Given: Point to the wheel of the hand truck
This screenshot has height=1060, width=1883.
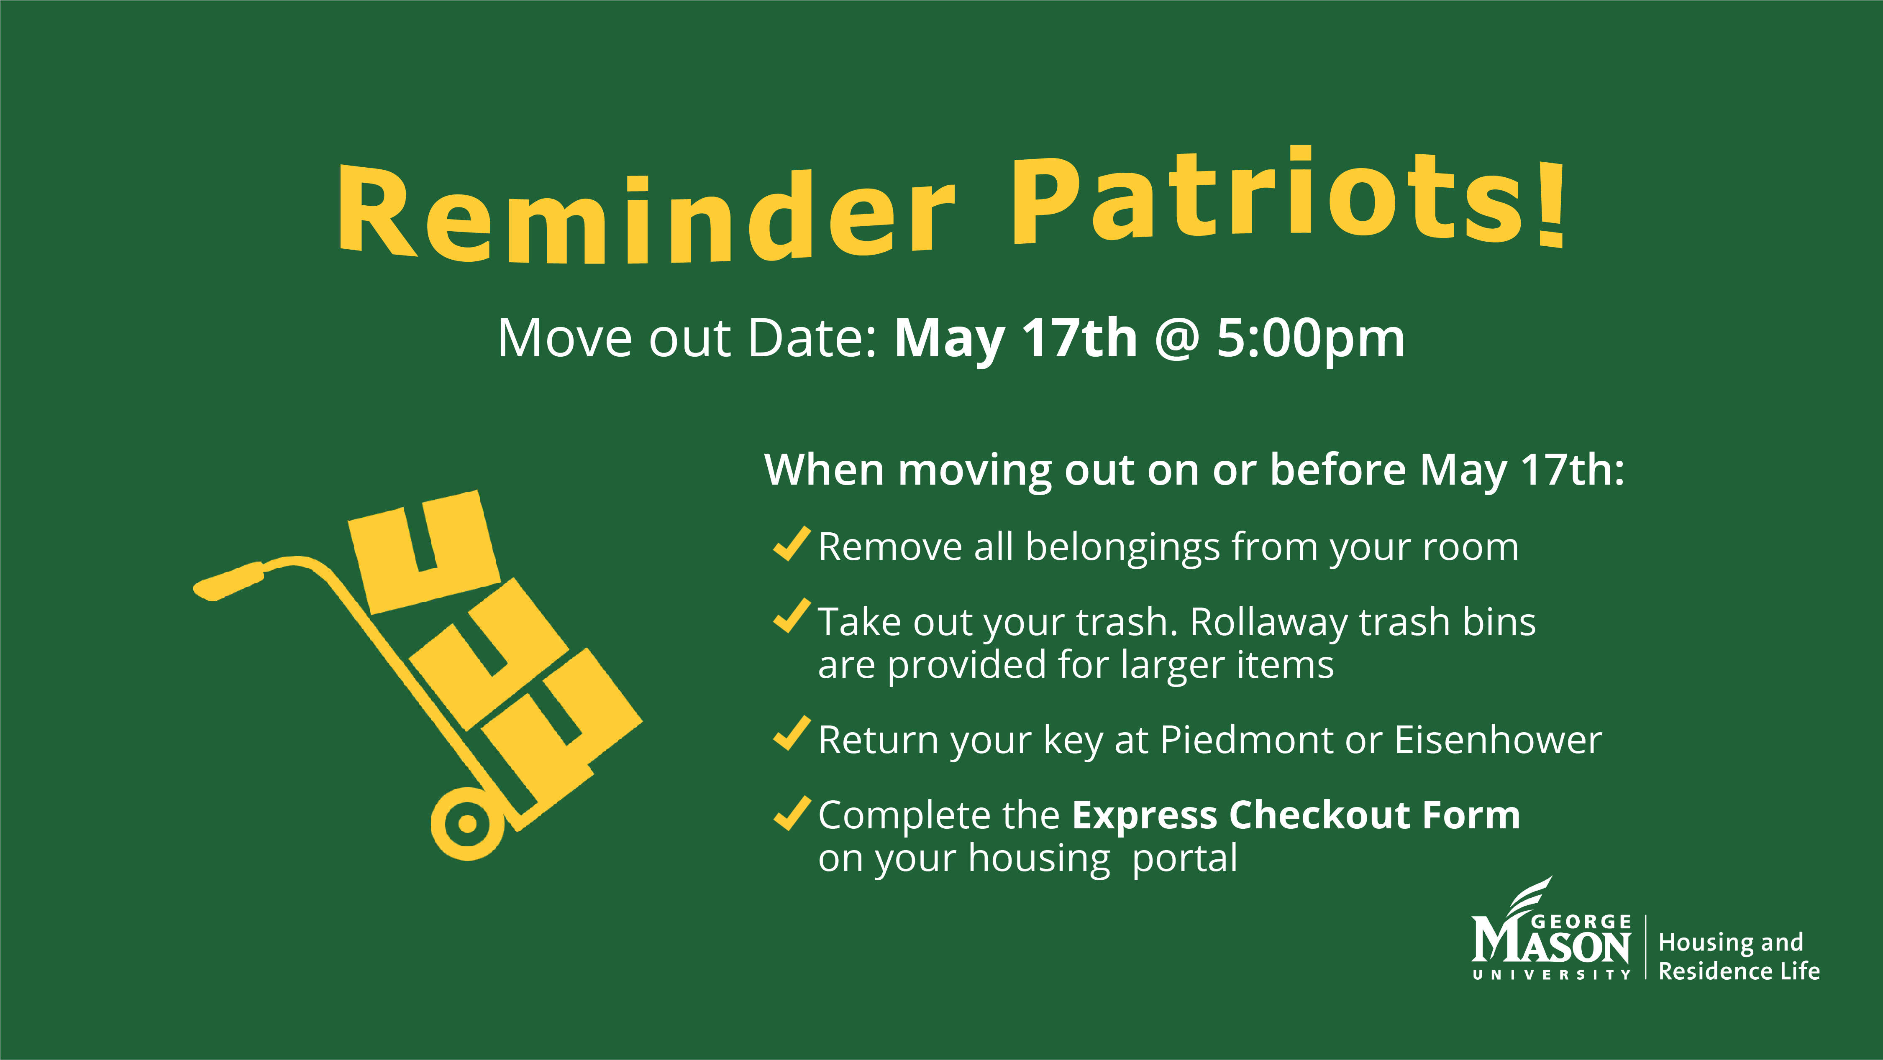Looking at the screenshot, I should coord(466,823).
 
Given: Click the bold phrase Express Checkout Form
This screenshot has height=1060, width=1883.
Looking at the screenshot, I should coord(1295,815).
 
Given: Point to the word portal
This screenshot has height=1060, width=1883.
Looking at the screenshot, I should coord(1184,858).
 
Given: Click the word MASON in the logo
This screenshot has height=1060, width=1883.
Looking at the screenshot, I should coord(1551,947).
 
